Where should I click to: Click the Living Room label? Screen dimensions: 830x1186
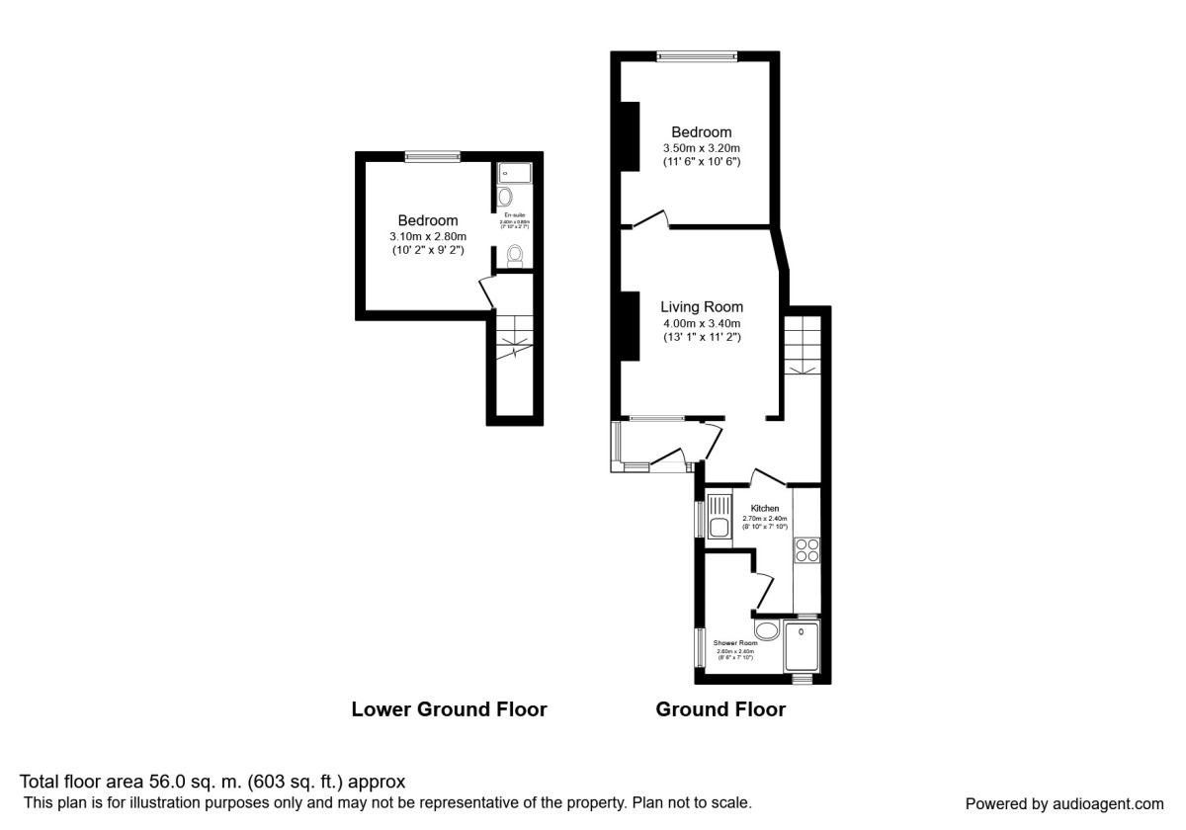tap(702, 306)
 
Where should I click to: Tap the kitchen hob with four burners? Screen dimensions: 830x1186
tap(806, 549)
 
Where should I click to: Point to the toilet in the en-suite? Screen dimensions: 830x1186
tap(514, 257)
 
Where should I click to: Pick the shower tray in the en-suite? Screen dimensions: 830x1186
tap(515, 173)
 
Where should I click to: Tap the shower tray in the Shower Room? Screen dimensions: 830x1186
tap(802, 647)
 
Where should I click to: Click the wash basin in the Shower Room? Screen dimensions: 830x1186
tap(766, 630)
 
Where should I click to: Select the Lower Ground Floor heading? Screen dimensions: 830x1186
tap(449, 709)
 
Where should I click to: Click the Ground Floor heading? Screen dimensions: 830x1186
tap(720, 709)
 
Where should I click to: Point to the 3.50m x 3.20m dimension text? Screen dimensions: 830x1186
tap(702, 148)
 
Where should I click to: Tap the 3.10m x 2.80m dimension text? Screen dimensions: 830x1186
tap(428, 236)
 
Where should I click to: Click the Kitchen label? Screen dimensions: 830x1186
tap(765, 508)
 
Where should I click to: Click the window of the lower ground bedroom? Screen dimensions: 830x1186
tap(432, 155)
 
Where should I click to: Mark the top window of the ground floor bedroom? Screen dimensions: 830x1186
tap(699, 55)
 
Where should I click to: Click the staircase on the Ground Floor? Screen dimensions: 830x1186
tap(803, 346)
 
